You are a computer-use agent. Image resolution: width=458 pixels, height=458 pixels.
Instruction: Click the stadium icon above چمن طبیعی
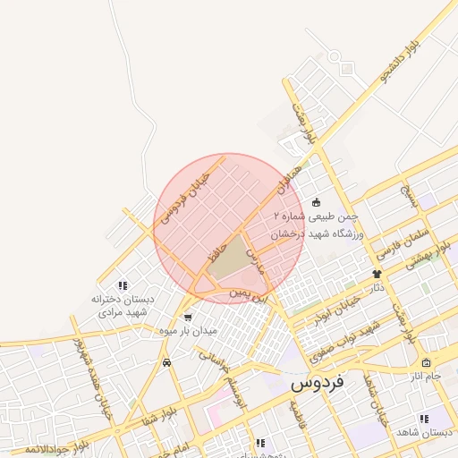pos(315,203)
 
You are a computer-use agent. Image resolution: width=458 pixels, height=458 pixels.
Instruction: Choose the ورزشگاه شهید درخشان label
pos(315,232)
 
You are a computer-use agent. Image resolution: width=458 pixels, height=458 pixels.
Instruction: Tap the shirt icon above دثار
pos(377,274)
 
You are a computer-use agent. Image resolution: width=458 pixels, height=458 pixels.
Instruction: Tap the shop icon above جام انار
pos(425,363)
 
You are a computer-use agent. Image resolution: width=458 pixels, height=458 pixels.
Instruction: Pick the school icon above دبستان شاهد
pos(423,418)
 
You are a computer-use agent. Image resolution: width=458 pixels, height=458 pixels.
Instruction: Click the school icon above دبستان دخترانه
pos(123,284)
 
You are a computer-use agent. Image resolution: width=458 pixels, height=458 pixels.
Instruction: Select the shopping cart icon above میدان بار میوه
pos(187,317)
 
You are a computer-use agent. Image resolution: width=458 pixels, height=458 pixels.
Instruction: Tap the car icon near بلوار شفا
pos(167,362)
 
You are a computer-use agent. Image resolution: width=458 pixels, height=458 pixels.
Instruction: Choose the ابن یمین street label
pos(248,292)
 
